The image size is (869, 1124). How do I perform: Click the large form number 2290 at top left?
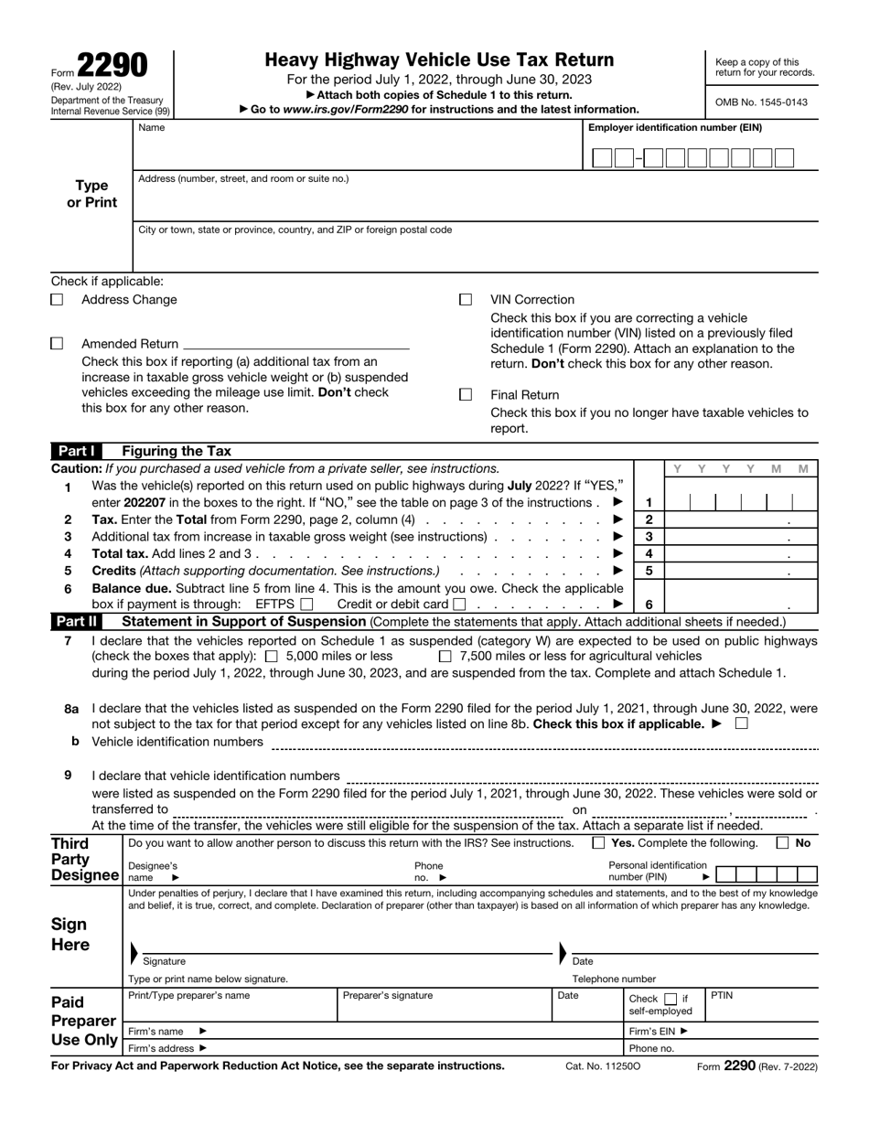(x=111, y=66)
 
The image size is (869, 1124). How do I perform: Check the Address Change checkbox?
(x=57, y=299)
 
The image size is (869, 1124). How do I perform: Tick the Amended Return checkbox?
(x=57, y=344)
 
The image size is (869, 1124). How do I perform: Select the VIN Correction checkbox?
(x=466, y=299)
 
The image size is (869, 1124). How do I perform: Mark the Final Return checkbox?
(x=466, y=394)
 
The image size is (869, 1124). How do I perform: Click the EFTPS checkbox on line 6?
(x=306, y=604)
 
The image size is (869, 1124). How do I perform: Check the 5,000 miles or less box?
(x=272, y=656)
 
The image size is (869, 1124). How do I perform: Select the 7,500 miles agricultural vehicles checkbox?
(x=445, y=656)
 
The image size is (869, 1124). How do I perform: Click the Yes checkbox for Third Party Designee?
(x=599, y=843)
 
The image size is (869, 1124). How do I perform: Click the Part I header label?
(x=80, y=451)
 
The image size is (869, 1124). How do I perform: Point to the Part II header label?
(x=80, y=622)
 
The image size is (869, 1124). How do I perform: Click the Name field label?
(x=152, y=128)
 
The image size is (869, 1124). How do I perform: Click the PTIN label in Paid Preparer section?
(x=723, y=994)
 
